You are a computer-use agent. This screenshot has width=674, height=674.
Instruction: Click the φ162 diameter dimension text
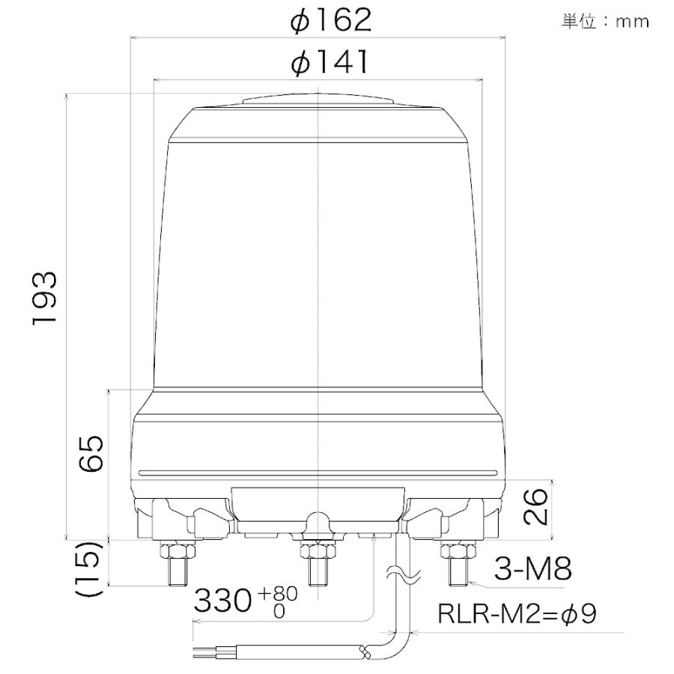331,20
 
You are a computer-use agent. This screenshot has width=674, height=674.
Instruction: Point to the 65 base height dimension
91,453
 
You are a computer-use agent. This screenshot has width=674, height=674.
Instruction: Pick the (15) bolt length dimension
91,568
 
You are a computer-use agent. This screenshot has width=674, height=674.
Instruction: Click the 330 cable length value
223,601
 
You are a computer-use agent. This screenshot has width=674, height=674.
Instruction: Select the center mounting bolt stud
320,573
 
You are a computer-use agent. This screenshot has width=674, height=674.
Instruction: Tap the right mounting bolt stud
458,573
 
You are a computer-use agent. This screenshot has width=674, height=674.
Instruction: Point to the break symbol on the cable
400,577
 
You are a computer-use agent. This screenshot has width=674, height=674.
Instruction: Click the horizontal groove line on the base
320,473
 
